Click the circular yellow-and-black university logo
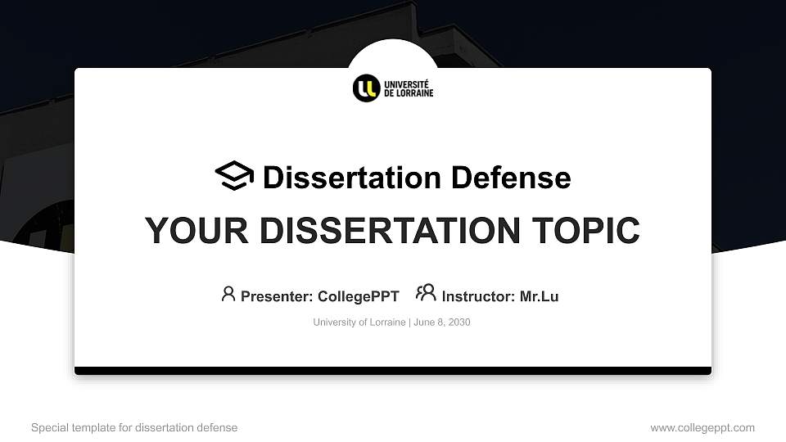pyautogui.click(x=366, y=88)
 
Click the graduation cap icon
pyautogui.click(x=234, y=177)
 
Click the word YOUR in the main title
pyautogui.click(x=184, y=231)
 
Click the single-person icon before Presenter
pyautogui.click(x=228, y=294)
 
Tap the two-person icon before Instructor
pyautogui.click(x=426, y=293)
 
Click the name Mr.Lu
pyautogui.click(x=539, y=296)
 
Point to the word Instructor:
pyautogui.click(x=478, y=296)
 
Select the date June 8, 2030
pyautogui.click(x=442, y=322)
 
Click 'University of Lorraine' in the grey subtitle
pyautogui.click(x=359, y=322)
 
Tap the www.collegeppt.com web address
pyautogui.click(x=702, y=427)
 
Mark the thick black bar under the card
pyautogui.click(x=393, y=371)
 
